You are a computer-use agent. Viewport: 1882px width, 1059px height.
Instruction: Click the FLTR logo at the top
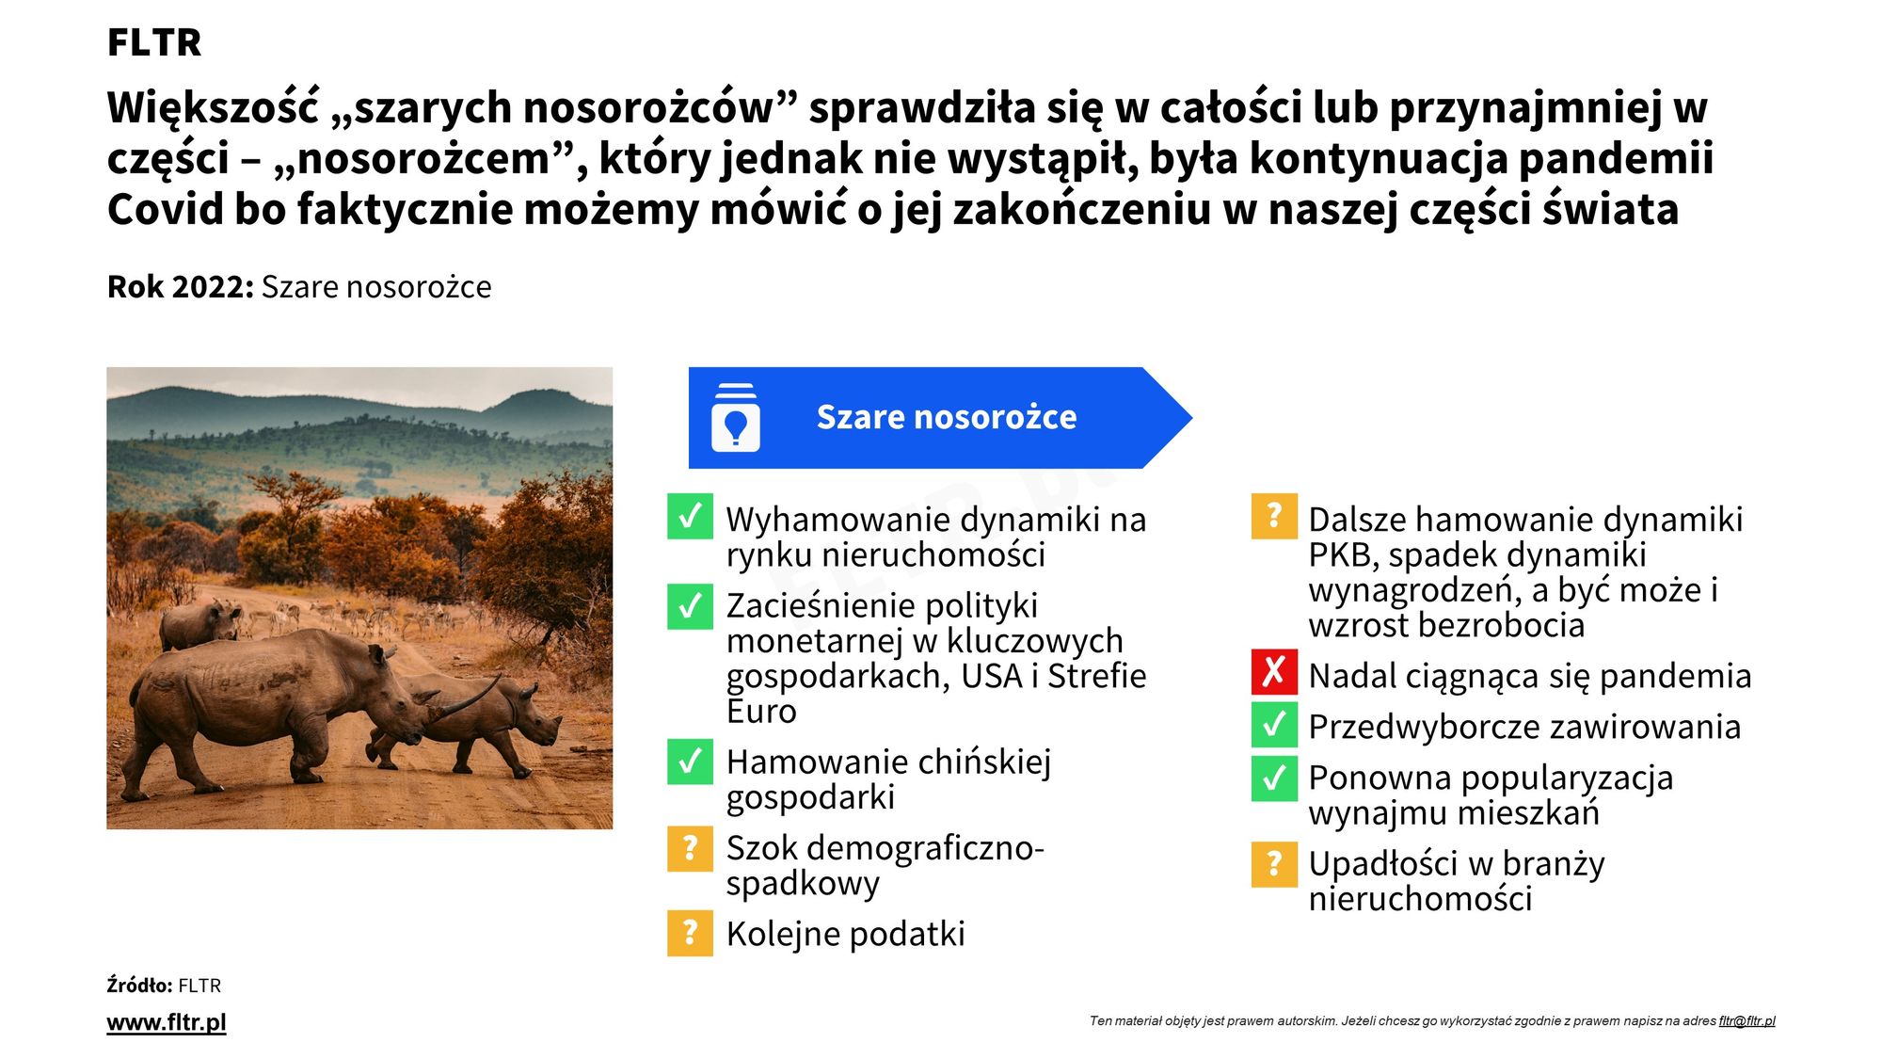(x=154, y=42)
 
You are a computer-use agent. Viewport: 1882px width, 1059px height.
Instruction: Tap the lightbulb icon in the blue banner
(x=736, y=418)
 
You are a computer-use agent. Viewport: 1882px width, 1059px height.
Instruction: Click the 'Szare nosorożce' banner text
(x=947, y=417)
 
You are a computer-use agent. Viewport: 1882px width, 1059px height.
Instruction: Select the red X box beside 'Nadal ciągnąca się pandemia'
(x=1274, y=672)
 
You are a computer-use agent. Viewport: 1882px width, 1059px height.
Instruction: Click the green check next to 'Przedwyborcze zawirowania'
(x=1274, y=723)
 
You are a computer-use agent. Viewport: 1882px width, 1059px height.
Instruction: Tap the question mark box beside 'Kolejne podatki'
(x=690, y=933)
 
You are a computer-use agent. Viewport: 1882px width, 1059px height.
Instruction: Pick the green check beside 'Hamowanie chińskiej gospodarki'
(x=690, y=762)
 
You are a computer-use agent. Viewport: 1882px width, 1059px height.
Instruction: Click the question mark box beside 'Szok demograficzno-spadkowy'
(x=690, y=848)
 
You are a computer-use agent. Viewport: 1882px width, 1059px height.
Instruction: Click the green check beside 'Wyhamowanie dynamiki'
(x=690, y=517)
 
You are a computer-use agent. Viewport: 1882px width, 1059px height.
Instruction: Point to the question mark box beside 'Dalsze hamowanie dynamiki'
(x=1274, y=517)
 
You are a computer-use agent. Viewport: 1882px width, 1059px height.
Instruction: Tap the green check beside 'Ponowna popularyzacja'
(x=1274, y=778)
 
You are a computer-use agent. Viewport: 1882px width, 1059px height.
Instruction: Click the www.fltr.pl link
(x=167, y=1022)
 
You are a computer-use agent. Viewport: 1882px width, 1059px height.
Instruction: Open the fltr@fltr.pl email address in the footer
(x=1746, y=1021)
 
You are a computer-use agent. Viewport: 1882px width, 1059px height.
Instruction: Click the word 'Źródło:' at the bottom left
(x=139, y=985)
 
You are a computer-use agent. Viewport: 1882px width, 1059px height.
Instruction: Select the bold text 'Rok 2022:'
(x=181, y=286)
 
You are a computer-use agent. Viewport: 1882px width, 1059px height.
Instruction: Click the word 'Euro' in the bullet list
(x=761, y=712)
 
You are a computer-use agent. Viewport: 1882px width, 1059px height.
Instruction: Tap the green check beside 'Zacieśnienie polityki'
(x=690, y=607)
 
